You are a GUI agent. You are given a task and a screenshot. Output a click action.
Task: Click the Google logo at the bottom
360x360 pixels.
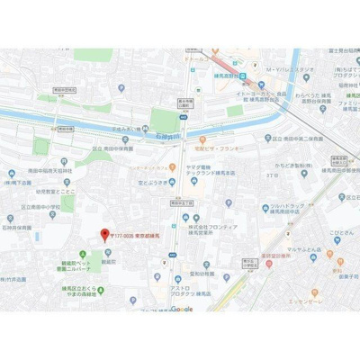(181, 309)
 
